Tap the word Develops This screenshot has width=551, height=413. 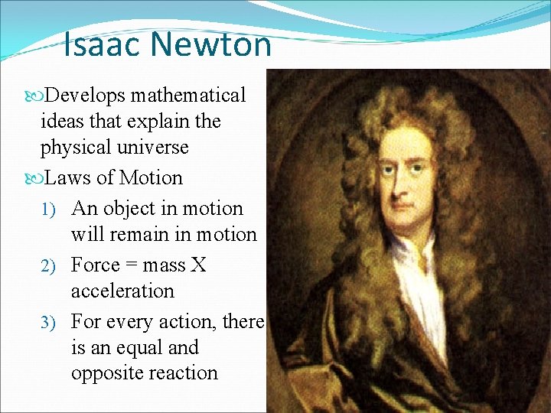click(86, 96)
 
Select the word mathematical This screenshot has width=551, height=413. click(188, 96)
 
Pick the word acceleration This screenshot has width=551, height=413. click(122, 291)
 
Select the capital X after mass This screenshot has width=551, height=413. click(198, 265)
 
